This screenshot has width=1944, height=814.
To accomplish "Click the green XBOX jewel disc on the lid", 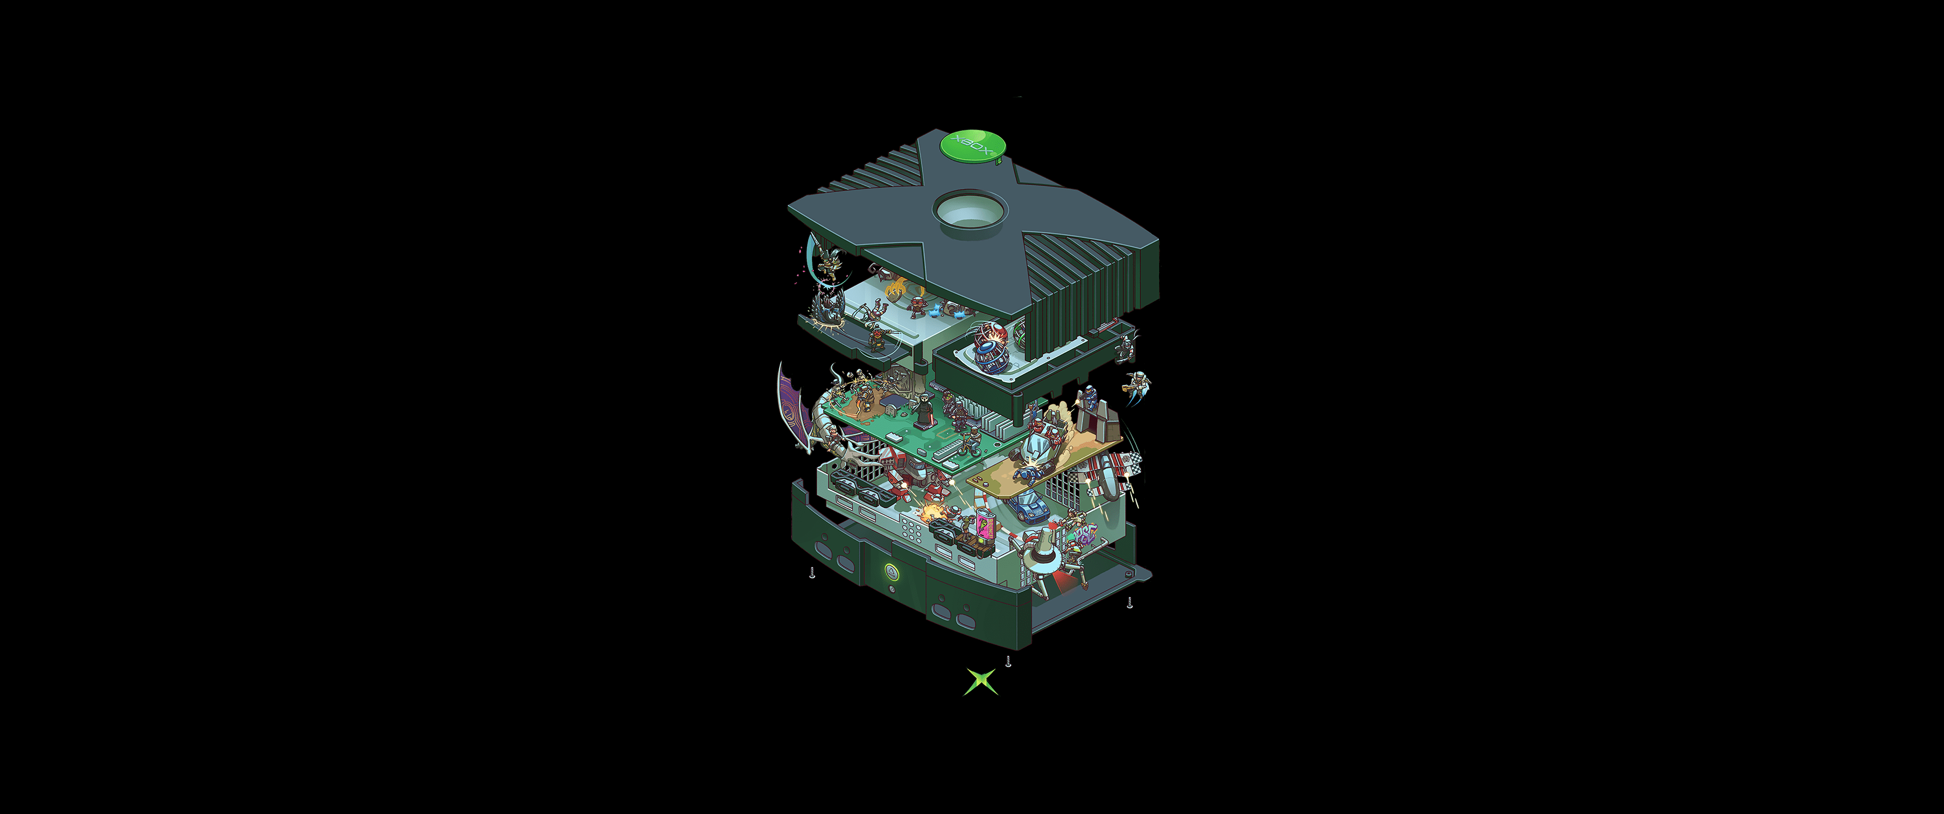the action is click(x=972, y=146).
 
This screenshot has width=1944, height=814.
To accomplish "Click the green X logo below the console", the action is click(x=981, y=681).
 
